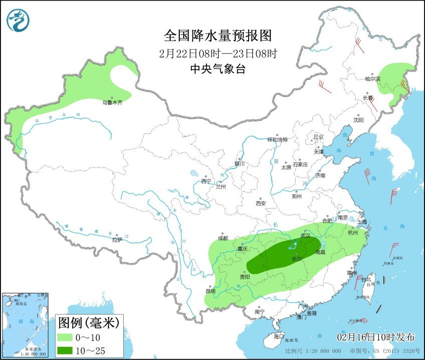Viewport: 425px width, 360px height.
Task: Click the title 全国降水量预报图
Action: pos(218,36)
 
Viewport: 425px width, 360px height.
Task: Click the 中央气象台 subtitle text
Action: pos(218,69)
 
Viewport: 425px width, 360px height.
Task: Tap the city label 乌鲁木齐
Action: pos(112,102)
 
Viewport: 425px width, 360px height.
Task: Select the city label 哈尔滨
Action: pos(372,79)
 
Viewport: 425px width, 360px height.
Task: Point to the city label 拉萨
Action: pos(117,240)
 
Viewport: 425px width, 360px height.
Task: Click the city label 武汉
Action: pos(305,236)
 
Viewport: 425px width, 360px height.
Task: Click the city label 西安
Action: pos(261,203)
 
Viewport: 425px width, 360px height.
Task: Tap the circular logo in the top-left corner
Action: pos(18,20)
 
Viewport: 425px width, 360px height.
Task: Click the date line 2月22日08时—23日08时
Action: pos(218,53)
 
